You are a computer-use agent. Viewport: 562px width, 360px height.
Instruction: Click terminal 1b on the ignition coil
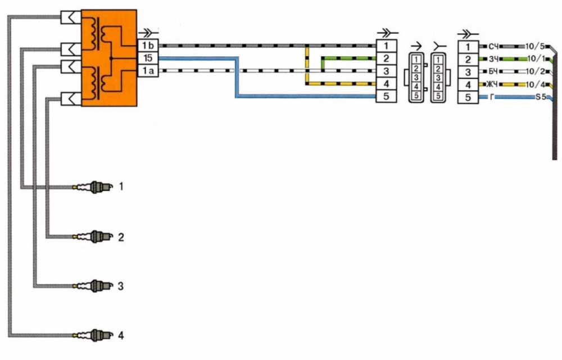pyautogui.click(x=148, y=46)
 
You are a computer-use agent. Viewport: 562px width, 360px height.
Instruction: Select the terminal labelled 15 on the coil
pyautogui.click(x=148, y=58)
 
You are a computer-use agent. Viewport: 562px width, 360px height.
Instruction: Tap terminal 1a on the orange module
pyautogui.click(x=148, y=70)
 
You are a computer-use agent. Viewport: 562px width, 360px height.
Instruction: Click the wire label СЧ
pyautogui.click(x=493, y=47)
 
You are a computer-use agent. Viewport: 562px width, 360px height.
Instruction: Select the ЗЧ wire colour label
pyautogui.click(x=493, y=59)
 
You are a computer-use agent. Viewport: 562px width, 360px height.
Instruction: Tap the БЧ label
pyautogui.click(x=493, y=71)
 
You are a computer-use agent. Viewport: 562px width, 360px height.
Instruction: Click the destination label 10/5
pyautogui.click(x=535, y=46)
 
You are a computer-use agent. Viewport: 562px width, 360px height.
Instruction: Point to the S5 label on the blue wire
pyautogui.click(x=541, y=97)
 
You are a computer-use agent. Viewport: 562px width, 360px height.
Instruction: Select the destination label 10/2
pyautogui.click(x=535, y=71)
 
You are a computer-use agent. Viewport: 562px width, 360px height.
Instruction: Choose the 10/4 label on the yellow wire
pyautogui.click(x=535, y=84)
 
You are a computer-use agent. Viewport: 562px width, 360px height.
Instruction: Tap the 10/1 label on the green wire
pyautogui.click(x=537, y=59)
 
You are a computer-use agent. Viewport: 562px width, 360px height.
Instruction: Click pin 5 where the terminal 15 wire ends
pyautogui.click(x=386, y=96)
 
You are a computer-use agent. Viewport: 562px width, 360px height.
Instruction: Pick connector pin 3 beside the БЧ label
pyautogui.click(x=468, y=72)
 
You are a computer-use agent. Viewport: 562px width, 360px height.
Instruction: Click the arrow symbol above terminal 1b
pyautogui.click(x=148, y=34)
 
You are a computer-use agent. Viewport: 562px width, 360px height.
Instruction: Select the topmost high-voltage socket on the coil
pyautogui.click(x=71, y=17)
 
